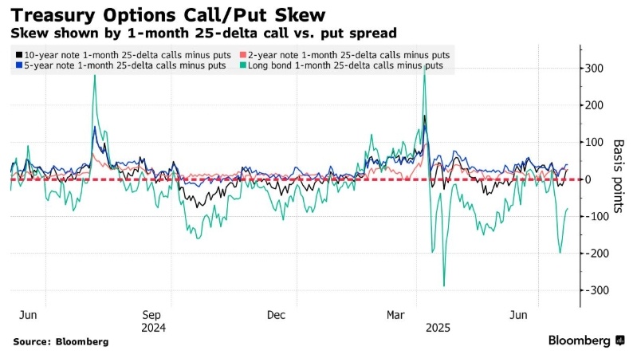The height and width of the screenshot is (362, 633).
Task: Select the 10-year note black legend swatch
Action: (18, 54)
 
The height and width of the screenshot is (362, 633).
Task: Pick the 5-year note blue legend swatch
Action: (18, 65)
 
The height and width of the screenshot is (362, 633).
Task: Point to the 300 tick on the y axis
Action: (594, 69)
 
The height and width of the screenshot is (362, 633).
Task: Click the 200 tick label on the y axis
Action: (594, 105)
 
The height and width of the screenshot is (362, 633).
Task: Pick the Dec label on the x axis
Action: (276, 314)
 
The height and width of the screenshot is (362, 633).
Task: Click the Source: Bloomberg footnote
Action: (61, 341)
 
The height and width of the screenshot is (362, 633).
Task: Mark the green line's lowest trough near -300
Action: (443, 285)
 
